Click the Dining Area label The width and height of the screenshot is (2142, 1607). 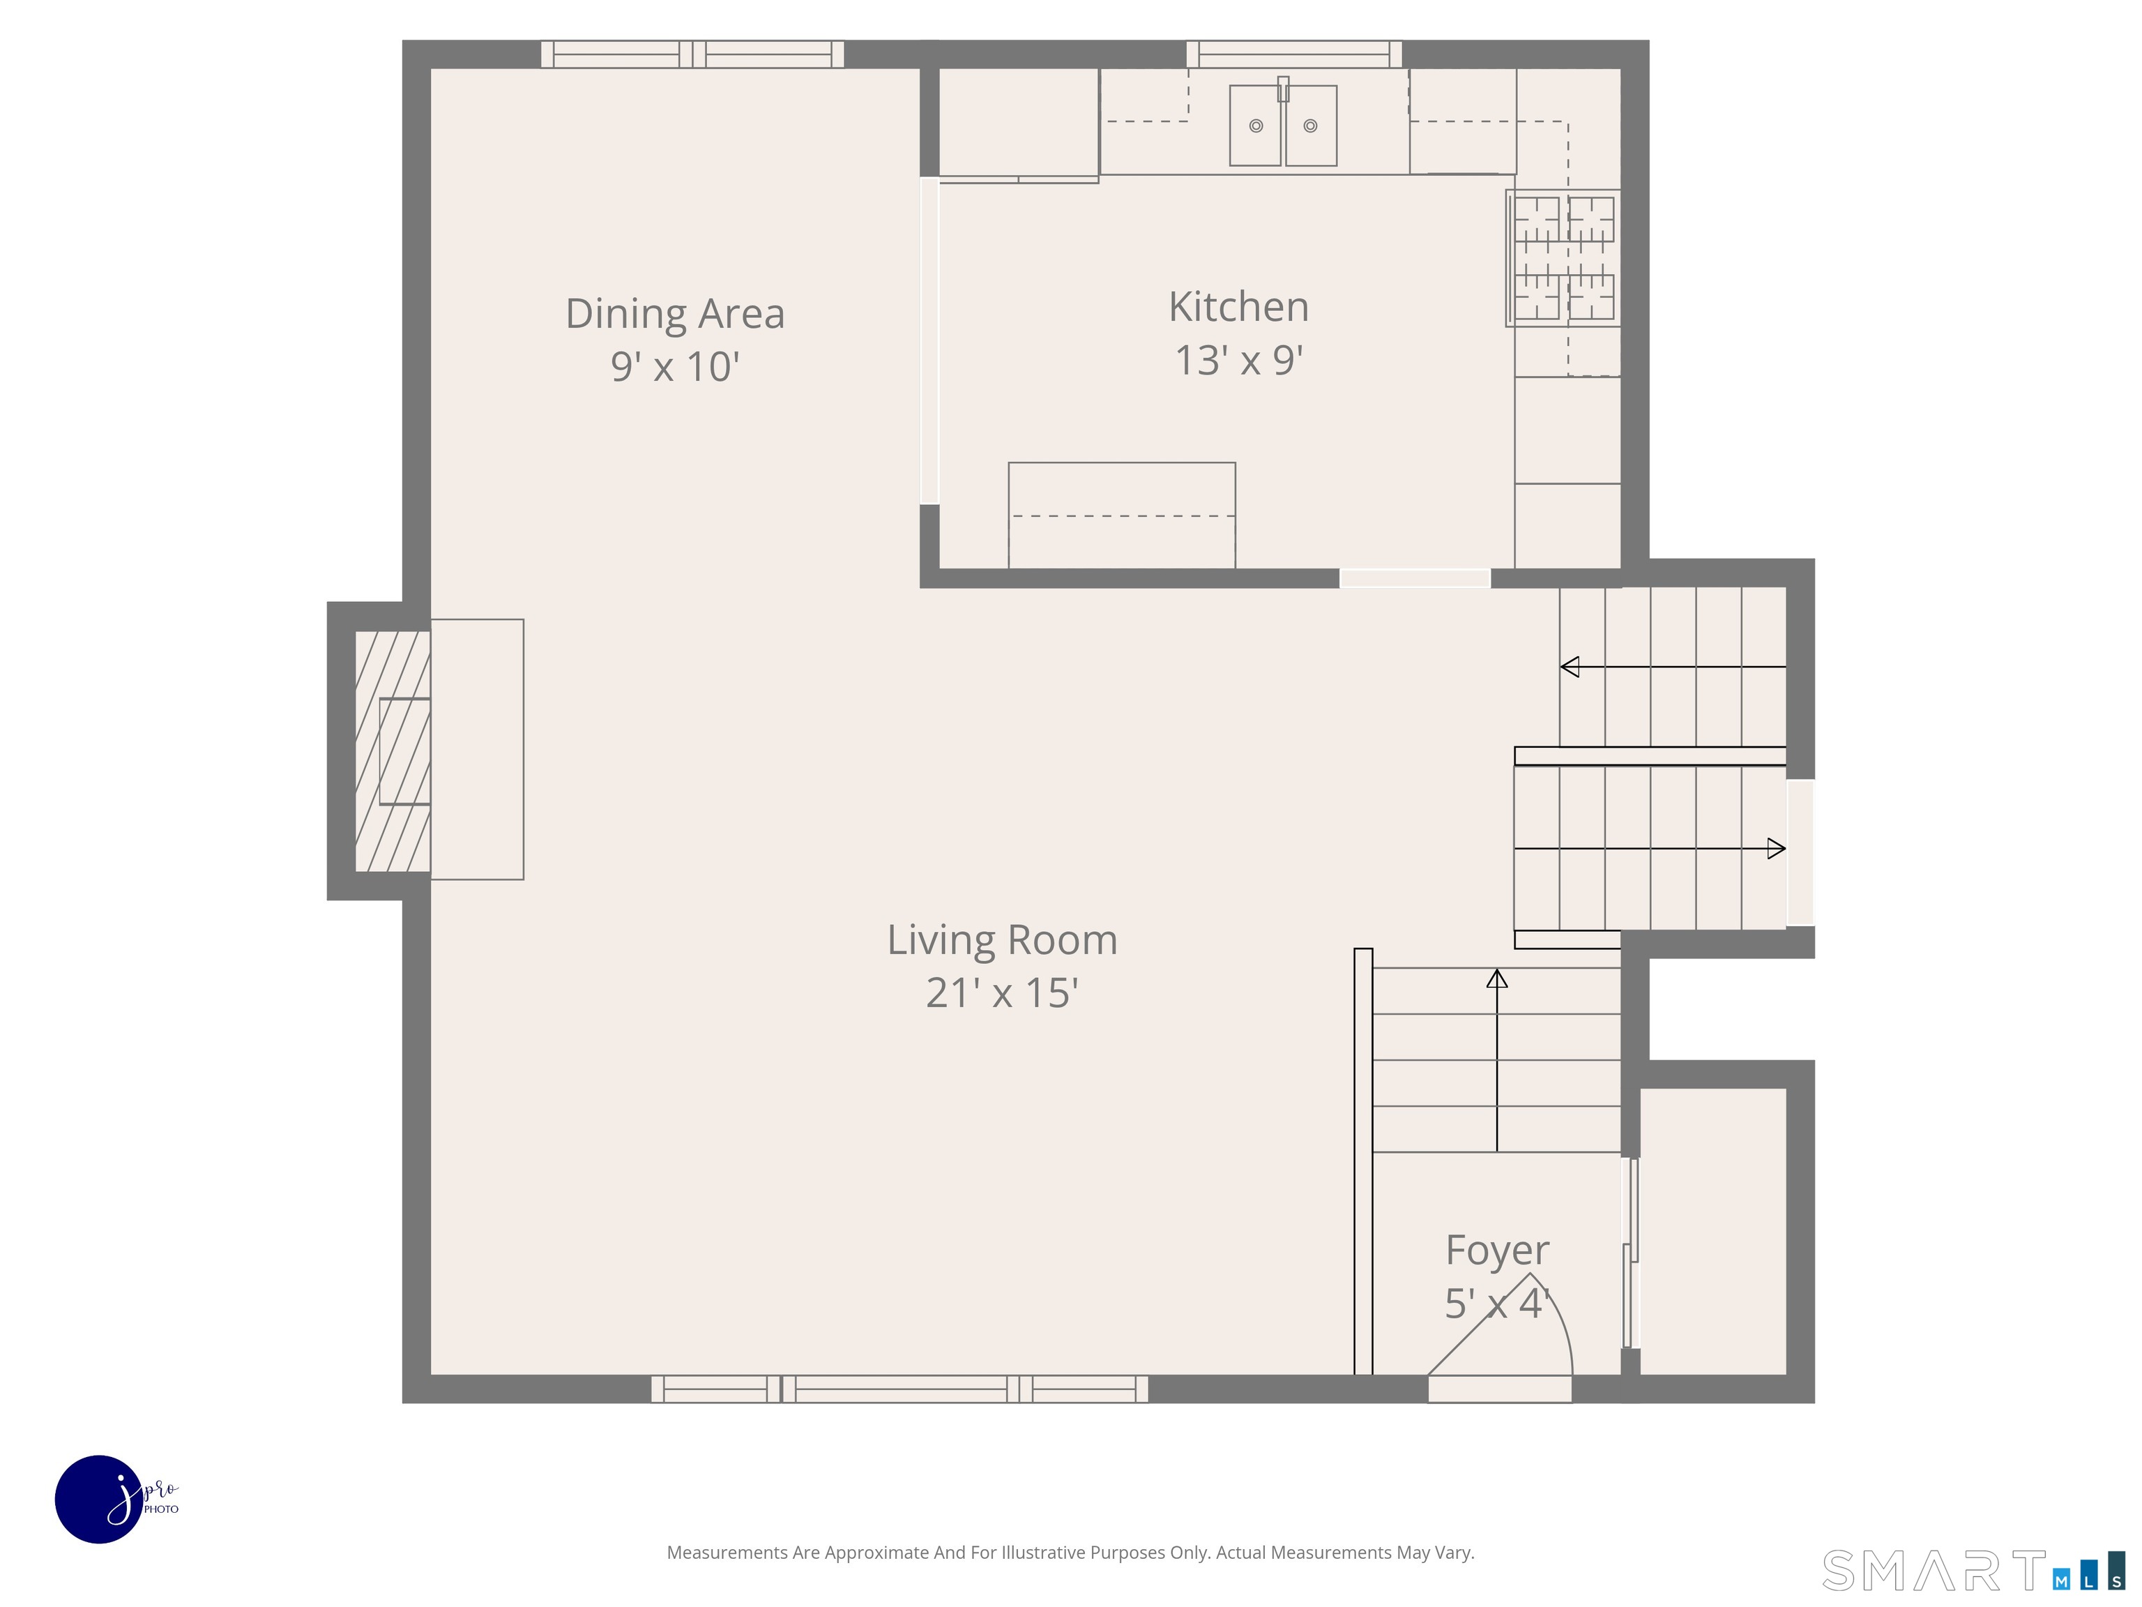click(x=675, y=314)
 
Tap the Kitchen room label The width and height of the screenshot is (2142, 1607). click(x=1238, y=306)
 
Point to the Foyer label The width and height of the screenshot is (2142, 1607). click(x=1497, y=1251)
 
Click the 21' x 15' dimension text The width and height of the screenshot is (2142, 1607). click(x=1002, y=993)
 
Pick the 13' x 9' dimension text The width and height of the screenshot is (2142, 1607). click(x=1238, y=361)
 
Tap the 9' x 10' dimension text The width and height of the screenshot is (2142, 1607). click(x=675, y=367)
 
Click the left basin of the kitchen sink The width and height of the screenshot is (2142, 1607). click(x=1256, y=126)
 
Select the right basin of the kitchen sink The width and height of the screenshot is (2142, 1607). click(x=1311, y=126)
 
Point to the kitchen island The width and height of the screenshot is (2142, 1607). click(x=1121, y=515)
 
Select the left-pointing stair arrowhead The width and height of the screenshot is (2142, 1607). click(x=1570, y=666)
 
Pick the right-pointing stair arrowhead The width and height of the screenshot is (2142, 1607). click(x=1777, y=849)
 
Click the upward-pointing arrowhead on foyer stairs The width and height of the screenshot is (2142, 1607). click(x=1497, y=979)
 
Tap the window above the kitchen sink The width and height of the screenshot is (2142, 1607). click(x=1295, y=54)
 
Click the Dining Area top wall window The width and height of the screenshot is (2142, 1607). click(x=692, y=54)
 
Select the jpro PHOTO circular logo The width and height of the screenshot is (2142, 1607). click(x=100, y=1498)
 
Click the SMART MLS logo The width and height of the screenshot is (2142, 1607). click(x=1973, y=1570)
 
